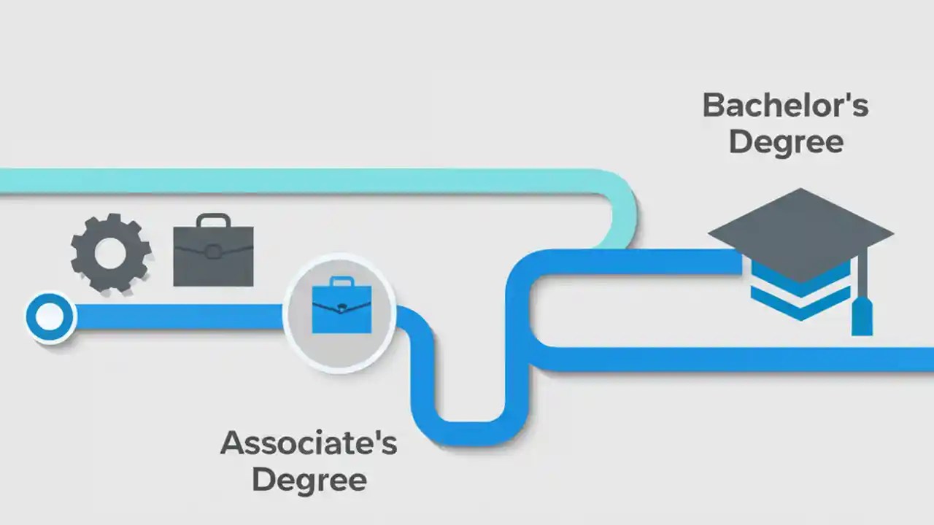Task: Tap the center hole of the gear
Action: click(110, 252)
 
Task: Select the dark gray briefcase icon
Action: click(213, 255)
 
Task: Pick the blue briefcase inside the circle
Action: click(341, 308)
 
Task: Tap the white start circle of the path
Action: click(50, 316)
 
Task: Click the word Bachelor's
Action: click(785, 106)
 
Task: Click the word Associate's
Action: click(308, 443)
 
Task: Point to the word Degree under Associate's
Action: click(309, 479)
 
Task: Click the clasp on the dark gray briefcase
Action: click(212, 252)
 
